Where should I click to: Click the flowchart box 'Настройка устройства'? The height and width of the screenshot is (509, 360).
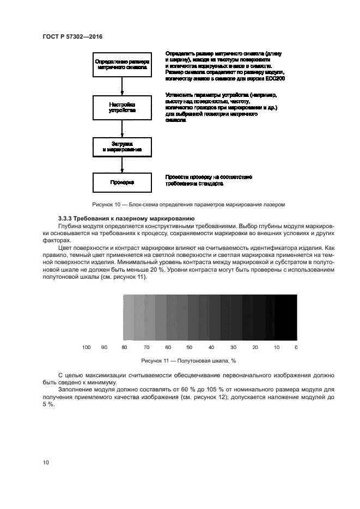click(122, 107)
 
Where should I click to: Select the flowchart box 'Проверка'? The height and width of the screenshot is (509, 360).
click(122, 182)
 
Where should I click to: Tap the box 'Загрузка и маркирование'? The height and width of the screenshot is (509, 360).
click(122, 146)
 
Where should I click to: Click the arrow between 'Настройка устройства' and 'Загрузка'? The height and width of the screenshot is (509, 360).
click(122, 127)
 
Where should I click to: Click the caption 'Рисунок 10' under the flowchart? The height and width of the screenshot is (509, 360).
click(189, 204)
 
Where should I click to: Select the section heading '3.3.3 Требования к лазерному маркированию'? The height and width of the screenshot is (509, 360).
click(123, 218)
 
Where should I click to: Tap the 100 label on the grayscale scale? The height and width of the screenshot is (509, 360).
click(86, 347)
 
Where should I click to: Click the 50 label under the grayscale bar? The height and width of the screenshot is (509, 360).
click(189, 347)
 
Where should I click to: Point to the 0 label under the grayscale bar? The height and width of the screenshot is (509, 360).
click(296, 347)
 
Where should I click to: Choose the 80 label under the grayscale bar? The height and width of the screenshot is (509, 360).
click(124, 347)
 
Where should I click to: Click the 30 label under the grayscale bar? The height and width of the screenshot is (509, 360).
click(233, 347)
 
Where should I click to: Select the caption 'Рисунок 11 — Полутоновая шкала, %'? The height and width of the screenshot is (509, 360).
click(188, 360)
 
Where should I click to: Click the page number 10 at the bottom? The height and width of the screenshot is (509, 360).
click(46, 462)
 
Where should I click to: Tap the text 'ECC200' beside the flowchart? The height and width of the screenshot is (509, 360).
click(277, 78)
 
